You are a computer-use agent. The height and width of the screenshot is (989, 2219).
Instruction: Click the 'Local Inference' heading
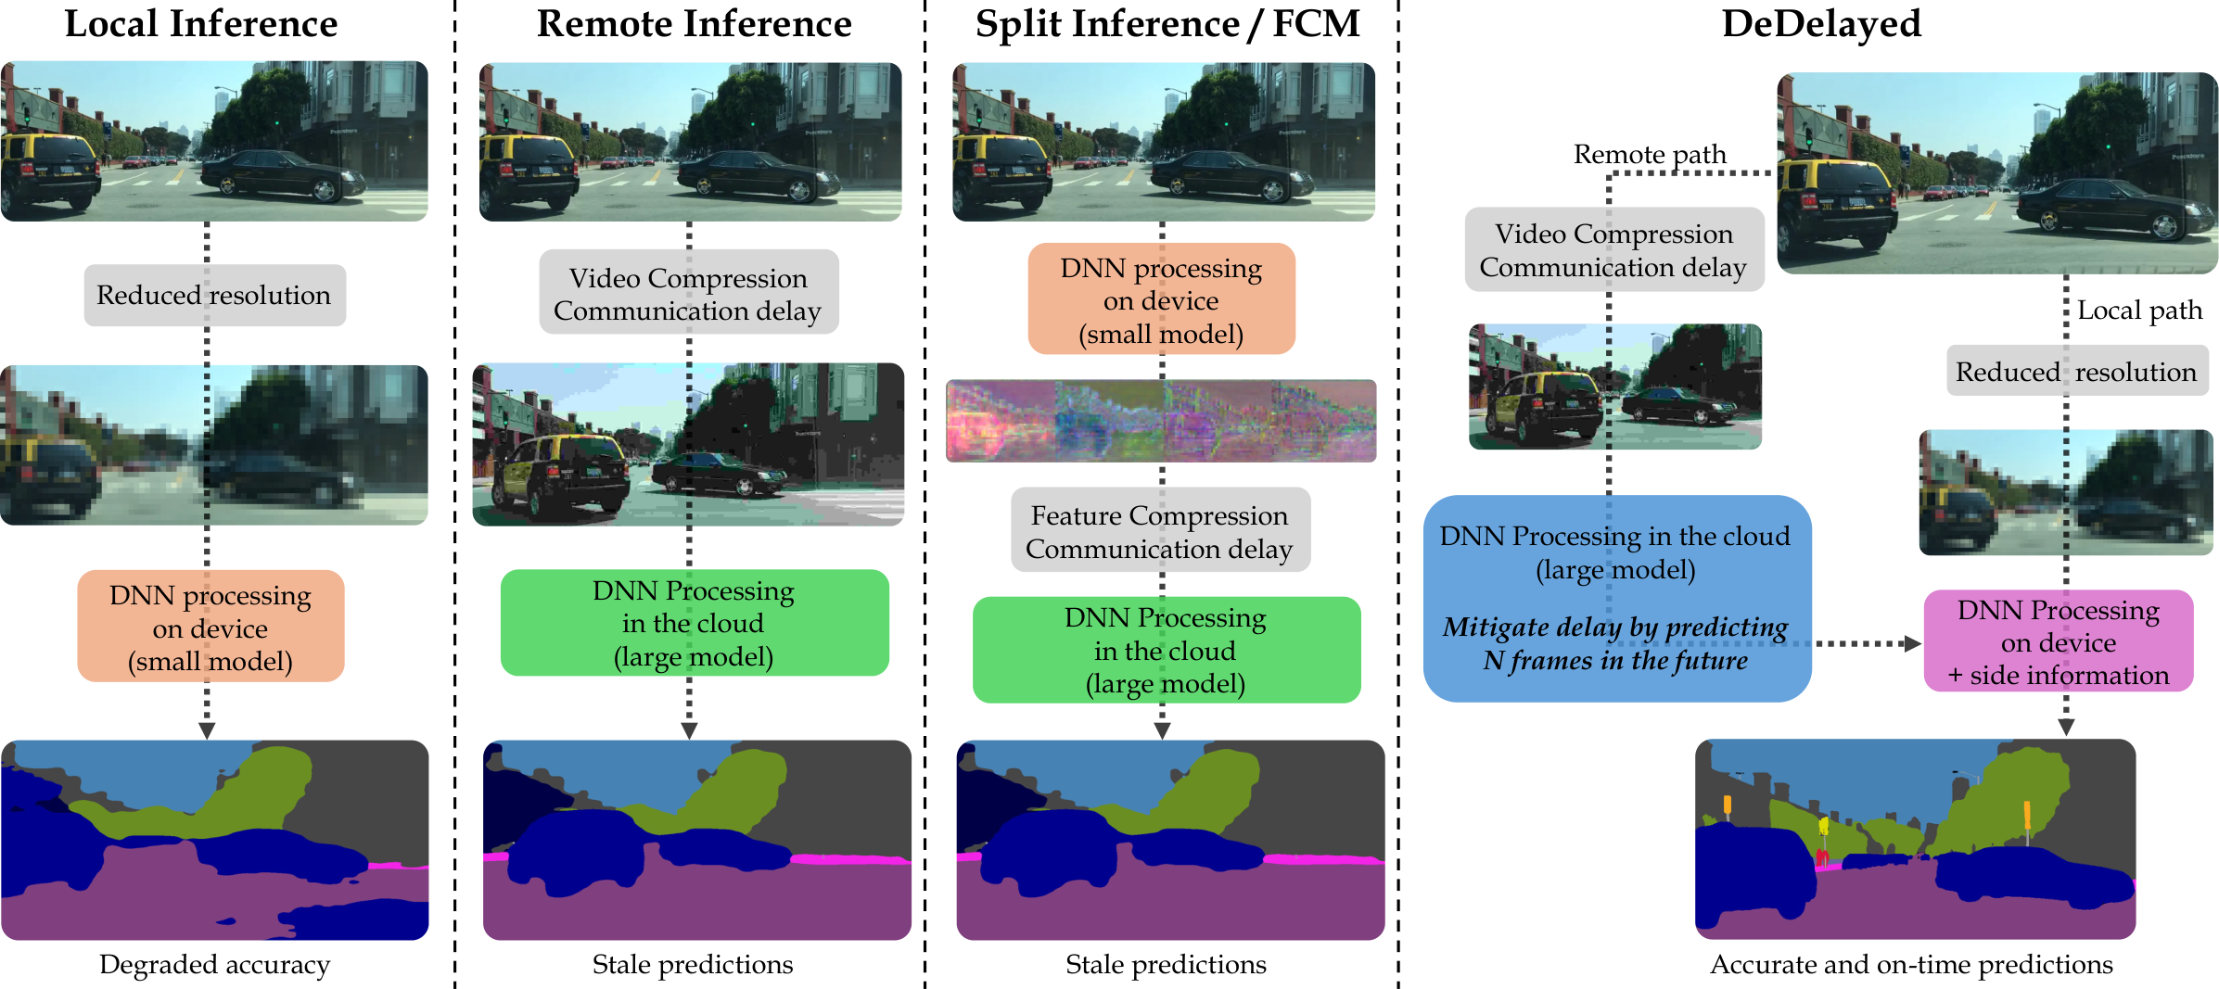point(201,24)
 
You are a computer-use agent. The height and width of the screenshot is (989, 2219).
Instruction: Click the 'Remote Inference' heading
point(694,24)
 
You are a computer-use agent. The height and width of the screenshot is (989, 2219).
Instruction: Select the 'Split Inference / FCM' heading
point(1167,24)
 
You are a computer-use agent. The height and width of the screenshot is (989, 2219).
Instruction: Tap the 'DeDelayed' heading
point(1821,24)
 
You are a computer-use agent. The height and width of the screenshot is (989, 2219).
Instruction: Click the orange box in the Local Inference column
point(211,627)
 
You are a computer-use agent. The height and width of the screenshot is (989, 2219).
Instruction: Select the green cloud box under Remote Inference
point(695,623)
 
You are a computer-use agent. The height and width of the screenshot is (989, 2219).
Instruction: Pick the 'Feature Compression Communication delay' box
point(1160,531)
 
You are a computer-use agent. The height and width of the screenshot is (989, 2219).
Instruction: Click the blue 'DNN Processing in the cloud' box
point(1616,598)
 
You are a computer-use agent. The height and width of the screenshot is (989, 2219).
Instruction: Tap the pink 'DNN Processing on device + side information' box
point(2059,641)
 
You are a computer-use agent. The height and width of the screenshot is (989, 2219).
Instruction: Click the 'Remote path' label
point(1650,154)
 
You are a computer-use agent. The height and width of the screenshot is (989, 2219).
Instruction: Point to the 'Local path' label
point(2139,311)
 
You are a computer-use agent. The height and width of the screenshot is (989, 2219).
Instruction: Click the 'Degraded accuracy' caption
point(214,965)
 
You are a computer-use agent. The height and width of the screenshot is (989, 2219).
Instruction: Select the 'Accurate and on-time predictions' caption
point(1911,965)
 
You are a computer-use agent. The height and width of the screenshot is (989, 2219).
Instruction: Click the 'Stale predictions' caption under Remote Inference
point(693,965)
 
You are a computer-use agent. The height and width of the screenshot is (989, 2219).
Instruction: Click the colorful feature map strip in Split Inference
point(1161,421)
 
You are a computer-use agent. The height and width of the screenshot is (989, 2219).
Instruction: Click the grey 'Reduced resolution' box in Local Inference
point(215,296)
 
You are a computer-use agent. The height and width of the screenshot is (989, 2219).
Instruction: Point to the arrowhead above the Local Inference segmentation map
point(207,730)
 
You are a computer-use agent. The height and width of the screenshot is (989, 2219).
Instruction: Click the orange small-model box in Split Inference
point(1162,299)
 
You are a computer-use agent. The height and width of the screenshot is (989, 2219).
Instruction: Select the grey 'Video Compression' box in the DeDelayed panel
point(1614,250)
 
